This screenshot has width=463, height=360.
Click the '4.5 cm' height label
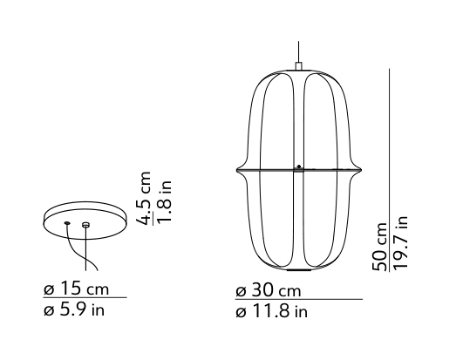coord(146,198)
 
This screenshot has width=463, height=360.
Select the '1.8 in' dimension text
coord(163,200)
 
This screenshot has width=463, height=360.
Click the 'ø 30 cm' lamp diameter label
coord(268,290)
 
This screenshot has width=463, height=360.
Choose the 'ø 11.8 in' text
coord(271,309)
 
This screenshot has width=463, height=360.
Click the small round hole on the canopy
coord(67,222)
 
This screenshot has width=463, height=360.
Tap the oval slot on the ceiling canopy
coord(85,225)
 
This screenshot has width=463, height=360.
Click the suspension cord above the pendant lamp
coord(298,50)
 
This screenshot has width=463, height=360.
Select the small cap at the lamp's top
coord(298,66)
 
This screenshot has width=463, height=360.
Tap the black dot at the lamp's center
coord(298,166)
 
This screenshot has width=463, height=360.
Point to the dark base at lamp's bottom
coord(298,268)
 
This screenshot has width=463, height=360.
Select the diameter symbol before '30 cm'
coord(241,291)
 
